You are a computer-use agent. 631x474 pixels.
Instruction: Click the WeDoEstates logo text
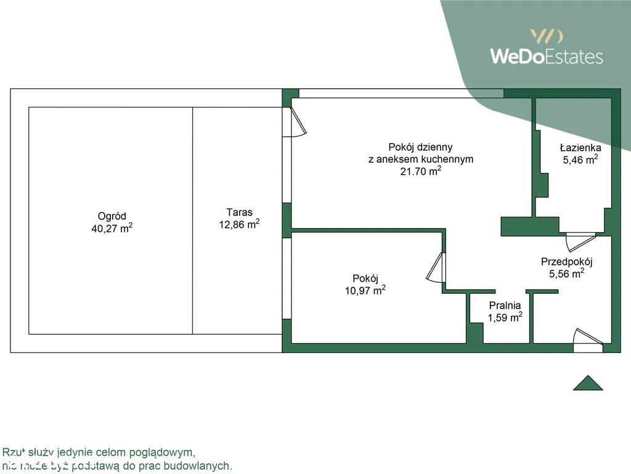[546, 57]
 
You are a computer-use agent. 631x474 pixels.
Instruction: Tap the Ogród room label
[112, 216]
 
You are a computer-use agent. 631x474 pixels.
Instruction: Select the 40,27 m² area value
[112, 228]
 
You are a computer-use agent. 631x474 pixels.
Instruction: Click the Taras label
[239, 212]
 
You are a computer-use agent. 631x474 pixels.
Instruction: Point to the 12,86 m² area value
[239, 225]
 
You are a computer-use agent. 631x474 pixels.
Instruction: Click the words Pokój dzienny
[420, 147]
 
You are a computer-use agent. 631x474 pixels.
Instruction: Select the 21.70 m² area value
[420, 172]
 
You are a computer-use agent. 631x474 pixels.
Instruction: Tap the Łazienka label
[580, 148]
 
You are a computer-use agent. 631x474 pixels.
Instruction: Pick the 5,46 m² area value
[580, 160]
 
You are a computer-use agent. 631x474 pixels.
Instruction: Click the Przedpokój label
[566, 261]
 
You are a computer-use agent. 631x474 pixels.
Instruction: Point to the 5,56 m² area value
[566, 273]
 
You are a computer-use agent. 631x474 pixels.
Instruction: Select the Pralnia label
[505, 305]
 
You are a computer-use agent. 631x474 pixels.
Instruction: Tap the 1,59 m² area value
[505, 317]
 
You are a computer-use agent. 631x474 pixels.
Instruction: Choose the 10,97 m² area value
[365, 290]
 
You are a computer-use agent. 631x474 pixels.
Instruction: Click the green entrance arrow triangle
[588, 383]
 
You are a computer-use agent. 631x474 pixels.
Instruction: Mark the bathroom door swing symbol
[580, 241]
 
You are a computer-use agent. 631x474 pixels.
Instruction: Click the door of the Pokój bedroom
[435, 268]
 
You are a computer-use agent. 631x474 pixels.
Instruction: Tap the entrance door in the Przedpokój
[587, 338]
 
